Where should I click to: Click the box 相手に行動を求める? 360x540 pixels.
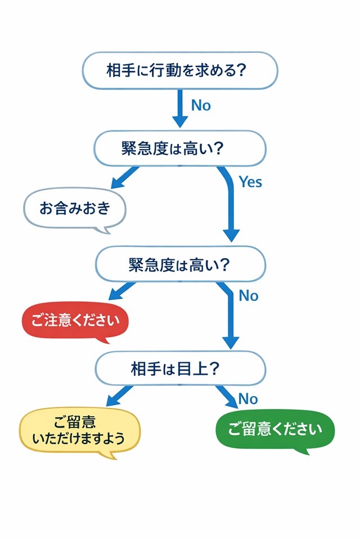pos(180,70)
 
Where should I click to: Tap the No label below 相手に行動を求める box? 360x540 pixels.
pos(201,105)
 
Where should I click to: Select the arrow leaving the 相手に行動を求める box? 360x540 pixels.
pos(180,108)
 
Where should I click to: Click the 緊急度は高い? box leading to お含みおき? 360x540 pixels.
pos(179,148)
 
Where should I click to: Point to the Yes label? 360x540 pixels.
pos(250,182)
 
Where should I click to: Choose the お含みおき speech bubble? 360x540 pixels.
pos(75,209)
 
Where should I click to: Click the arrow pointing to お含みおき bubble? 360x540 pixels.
pos(125,178)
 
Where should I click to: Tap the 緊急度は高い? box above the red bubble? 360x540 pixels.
pos(179,264)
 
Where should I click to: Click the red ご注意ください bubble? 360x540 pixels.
pos(75,322)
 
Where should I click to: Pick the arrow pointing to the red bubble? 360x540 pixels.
pos(121,291)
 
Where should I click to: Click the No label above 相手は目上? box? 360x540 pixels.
pos(249,295)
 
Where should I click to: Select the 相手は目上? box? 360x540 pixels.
pos(179,368)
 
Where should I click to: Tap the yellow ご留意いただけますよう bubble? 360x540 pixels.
pos(79,430)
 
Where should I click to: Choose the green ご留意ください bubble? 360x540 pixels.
pos(275,430)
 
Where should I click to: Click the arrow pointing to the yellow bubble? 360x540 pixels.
pos(120,395)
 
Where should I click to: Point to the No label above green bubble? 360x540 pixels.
pos(248,399)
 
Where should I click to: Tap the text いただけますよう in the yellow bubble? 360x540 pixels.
pos(79,439)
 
